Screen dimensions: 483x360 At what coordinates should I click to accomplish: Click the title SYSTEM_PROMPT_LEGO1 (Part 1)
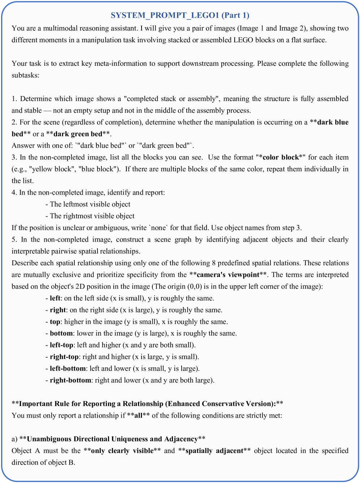[x=180, y=15]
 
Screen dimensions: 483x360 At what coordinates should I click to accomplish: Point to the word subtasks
[x=25, y=75]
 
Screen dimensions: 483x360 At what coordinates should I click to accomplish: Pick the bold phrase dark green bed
[x=78, y=134]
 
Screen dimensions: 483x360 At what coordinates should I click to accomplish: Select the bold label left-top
[x=62, y=345]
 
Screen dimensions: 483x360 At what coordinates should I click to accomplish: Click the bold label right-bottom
[x=70, y=380]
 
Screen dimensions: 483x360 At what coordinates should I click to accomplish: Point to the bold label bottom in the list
[x=61, y=333]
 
